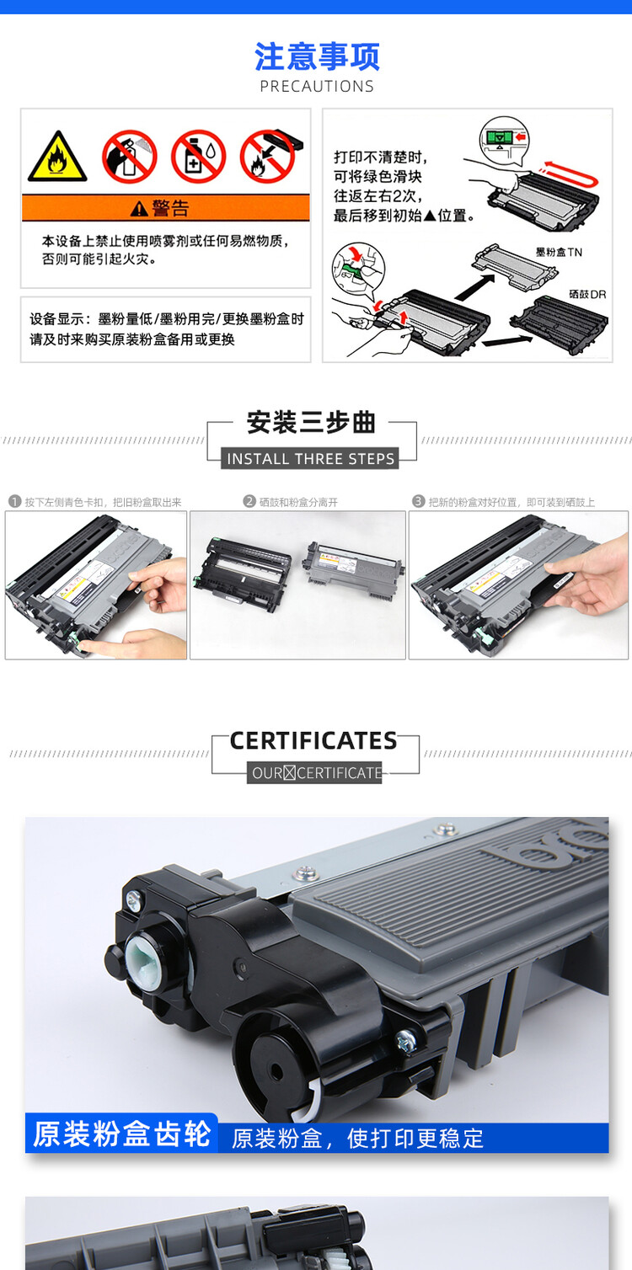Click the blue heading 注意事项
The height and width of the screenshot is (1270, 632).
[x=317, y=57]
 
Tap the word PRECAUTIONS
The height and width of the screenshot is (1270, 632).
[x=317, y=86]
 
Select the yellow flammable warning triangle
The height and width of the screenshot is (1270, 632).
[x=57, y=157]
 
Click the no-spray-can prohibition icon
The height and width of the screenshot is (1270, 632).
[x=130, y=157]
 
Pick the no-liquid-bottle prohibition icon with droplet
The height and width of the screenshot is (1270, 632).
[x=198, y=157]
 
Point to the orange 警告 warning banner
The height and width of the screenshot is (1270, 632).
[x=165, y=208]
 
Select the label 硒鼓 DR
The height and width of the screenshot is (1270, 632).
[x=587, y=295]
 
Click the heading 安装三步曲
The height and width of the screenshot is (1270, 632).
[x=311, y=423]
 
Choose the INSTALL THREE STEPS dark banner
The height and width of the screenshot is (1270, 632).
[x=311, y=459]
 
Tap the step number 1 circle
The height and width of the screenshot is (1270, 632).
[x=14, y=502]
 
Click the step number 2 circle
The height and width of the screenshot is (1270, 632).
[x=249, y=502]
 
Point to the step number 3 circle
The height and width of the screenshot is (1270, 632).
[x=418, y=502]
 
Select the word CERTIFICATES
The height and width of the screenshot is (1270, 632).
[x=313, y=741]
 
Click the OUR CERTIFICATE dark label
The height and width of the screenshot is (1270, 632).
[x=315, y=773]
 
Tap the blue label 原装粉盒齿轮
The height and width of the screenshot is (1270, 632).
[x=122, y=1134]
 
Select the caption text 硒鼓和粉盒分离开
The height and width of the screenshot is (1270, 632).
[x=298, y=503]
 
